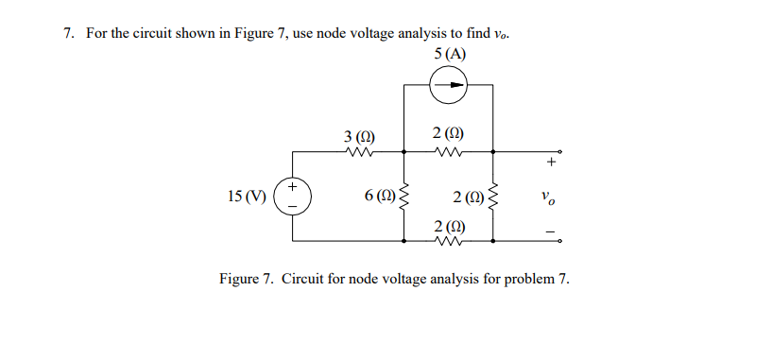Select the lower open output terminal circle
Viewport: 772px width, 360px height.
(559, 242)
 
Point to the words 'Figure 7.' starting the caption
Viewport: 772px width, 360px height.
(246, 280)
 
